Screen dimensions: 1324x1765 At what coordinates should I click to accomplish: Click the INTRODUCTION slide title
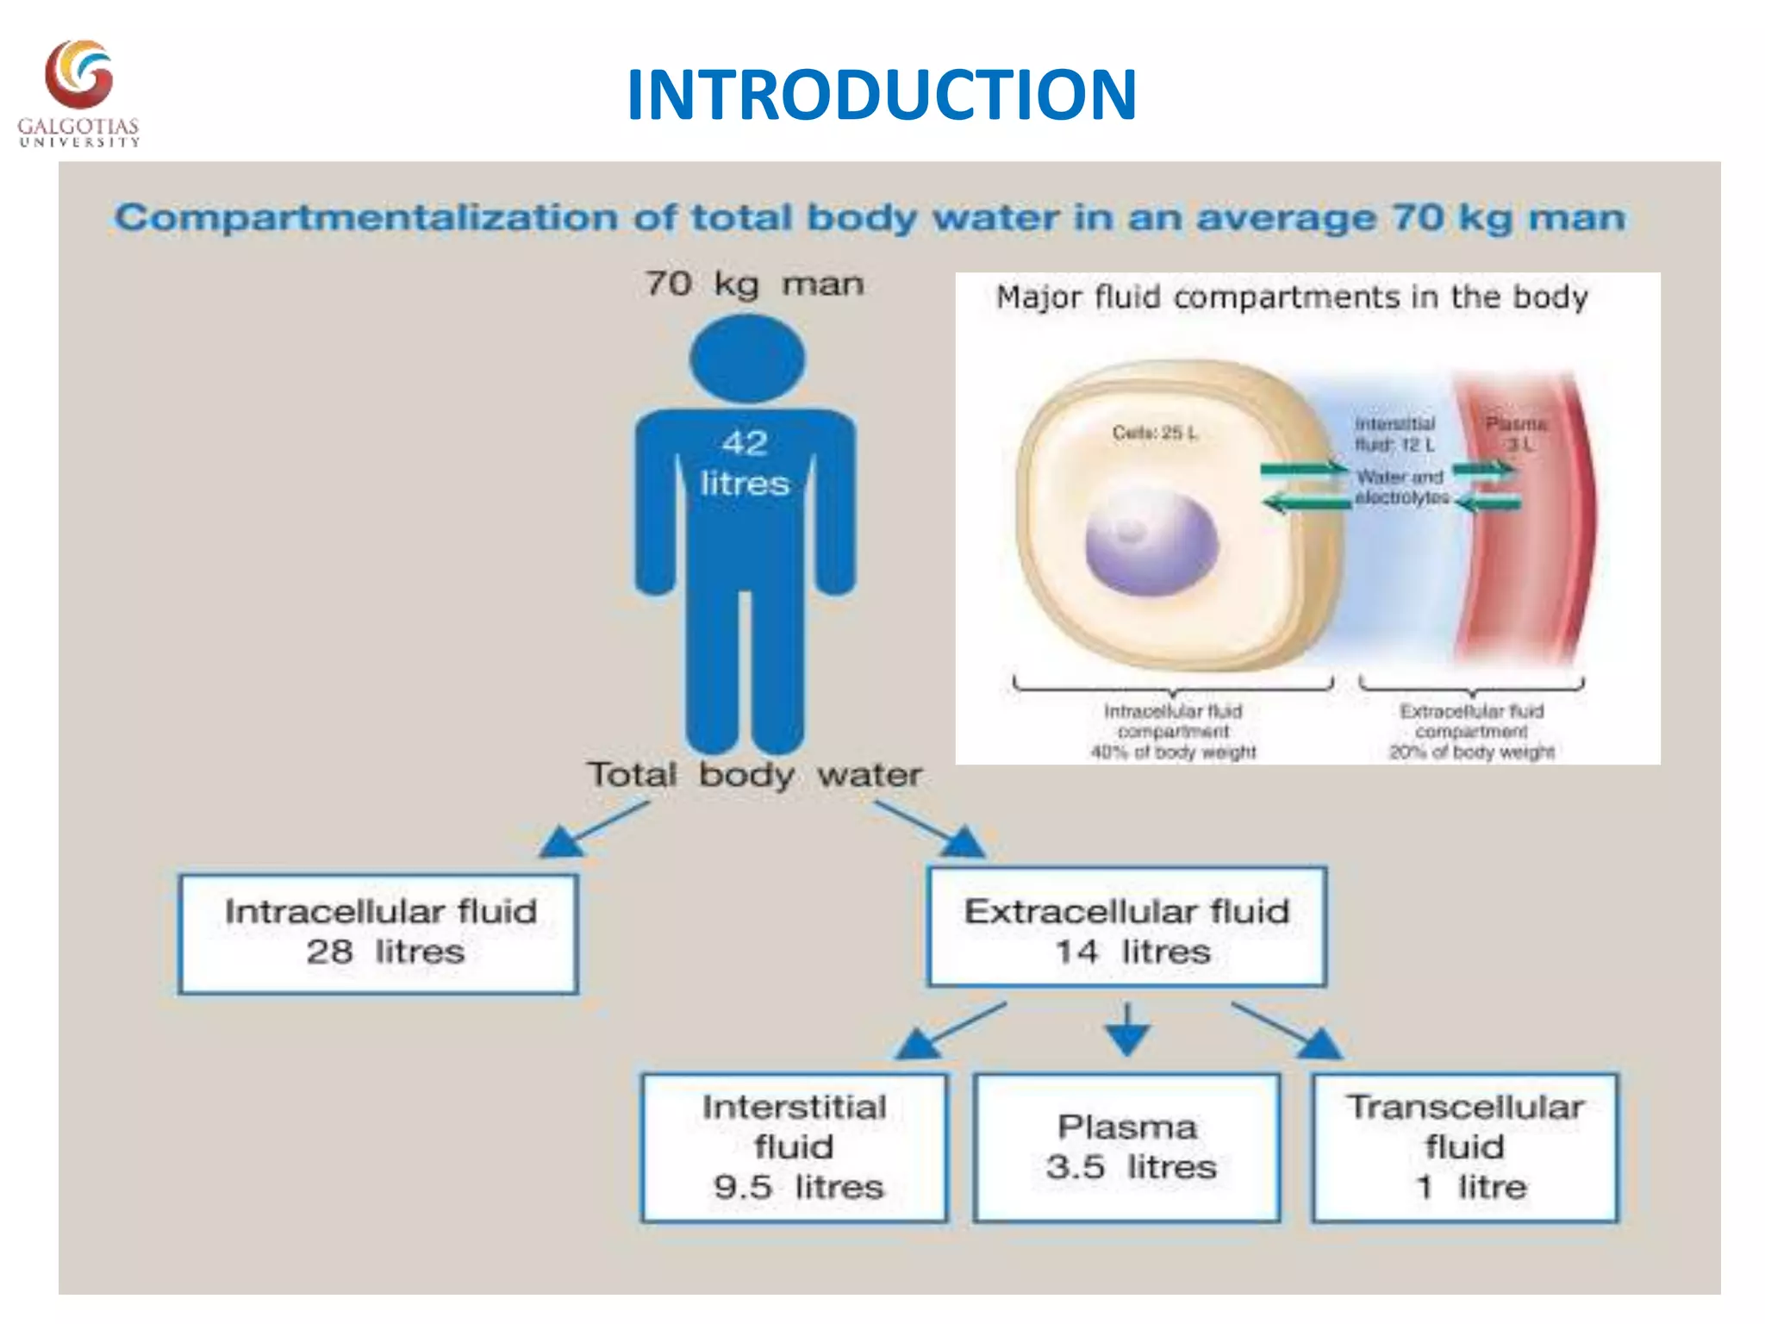coord(882,95)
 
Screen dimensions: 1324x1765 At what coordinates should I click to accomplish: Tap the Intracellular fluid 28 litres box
coord(378,934)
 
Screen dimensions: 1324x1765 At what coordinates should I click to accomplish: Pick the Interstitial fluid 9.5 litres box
coord(795,1147)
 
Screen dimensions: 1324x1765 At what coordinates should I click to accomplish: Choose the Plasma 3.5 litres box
coord(1127,1147)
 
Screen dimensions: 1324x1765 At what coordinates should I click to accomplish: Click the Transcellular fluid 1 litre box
coord(1465,1147)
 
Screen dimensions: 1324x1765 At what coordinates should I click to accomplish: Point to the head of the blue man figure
coord(747,358)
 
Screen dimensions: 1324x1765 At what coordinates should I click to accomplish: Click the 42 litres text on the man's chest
coord(745,463)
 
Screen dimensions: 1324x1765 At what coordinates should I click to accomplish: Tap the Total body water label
coord(755,774)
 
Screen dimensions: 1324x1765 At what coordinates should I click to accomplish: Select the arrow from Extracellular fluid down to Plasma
coord(1127,1030)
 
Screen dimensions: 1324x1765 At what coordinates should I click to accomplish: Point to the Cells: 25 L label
coord(1155,433)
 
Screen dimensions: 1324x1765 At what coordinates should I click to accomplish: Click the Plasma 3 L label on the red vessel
coord(1517,434)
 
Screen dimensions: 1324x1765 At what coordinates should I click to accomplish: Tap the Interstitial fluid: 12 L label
coord(1394,434)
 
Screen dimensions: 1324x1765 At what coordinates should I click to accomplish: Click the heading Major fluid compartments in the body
coord(1292,297)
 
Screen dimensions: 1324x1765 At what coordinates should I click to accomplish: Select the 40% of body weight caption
coord(1173,753)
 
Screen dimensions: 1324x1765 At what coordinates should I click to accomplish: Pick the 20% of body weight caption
coord(1471,753)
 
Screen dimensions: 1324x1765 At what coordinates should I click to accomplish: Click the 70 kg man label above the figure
coord(754,284)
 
